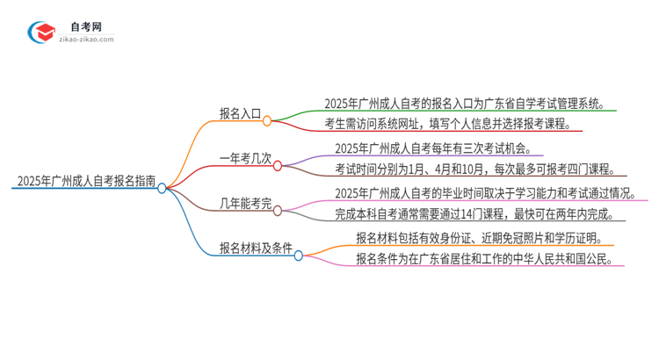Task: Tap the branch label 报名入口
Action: click(x=240, y=113)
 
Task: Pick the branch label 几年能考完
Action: click(x=245, y=207)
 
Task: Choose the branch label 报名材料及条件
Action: click(x=255, y=248)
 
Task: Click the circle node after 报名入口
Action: click(x=267, y=120)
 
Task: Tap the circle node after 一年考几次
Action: click(x=278, y=165)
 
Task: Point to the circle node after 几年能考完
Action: click(x=278, y=211)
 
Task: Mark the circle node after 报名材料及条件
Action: click(x=299, y=255)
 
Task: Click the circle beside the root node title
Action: click(x=162, y=188)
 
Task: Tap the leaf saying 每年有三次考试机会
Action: click(x=432, y=148)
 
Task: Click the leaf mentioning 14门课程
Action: click(x=474, y=213)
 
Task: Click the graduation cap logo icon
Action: click(x=42, y=32)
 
